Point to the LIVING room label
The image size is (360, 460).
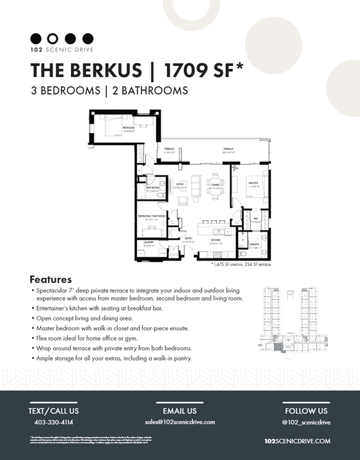[180, 184]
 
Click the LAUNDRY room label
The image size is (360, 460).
[148, 243]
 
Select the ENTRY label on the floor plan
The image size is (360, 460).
[189, 238]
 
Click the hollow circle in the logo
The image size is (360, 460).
[53, 38]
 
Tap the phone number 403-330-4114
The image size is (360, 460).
[53, 422]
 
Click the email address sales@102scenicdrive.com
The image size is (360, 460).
[179, 422]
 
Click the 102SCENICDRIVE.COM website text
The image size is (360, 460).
[297, 441]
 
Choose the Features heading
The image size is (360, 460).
[51, 279]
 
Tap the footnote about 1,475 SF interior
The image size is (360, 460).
[241, 264]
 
